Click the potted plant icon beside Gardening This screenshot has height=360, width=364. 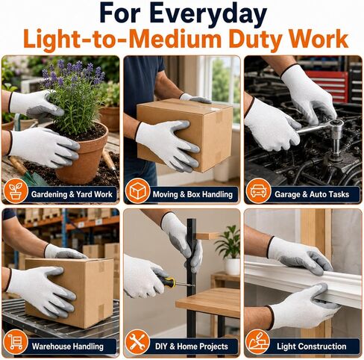(16, 191)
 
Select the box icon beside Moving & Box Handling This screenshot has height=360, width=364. (137, 190)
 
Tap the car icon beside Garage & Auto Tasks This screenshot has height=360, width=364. (258, 191)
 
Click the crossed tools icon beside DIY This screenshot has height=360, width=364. (137, 342)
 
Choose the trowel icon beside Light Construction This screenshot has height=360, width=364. (258, 342)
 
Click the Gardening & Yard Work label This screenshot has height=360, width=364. (72, 194)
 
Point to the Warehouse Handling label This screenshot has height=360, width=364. (68, 347)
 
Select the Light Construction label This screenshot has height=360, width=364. (312, 347)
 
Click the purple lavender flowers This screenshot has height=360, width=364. (73, 72)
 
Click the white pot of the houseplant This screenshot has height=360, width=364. (233, 267)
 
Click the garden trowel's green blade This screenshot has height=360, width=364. (35, 178)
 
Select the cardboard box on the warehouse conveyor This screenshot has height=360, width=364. (69, 293)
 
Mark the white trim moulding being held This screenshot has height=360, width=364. (304, 282)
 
